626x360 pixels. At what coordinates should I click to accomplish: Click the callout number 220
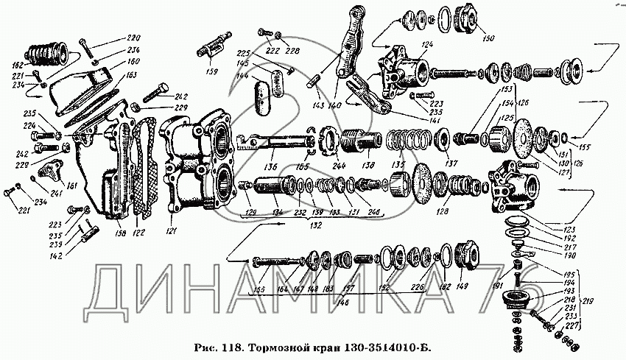tap(133, 38)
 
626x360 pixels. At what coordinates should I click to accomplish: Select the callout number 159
tap(211, 71)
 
